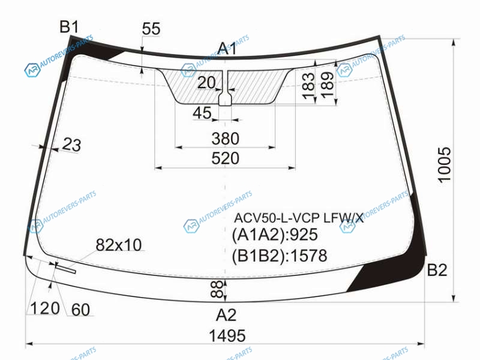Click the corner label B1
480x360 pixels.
coord(69,26)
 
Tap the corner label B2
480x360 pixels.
coord(437,270)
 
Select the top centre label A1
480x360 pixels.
coord(227,49)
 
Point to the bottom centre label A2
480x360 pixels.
coord(226,314)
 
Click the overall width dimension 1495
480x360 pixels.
coord(227,335)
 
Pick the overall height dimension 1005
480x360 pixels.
coord(445,165)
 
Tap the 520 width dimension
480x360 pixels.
coord(226,158)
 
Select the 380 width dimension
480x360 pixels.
coord(226,139)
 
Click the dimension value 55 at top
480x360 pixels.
coord(151,29)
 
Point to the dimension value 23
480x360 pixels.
coord(71,145)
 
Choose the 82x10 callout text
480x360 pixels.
coord(119,245)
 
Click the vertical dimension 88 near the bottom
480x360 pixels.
coord(217,289)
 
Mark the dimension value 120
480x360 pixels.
coord(46,308)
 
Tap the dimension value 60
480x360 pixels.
coord(80,310)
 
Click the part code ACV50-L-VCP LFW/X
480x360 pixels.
coord(299,218)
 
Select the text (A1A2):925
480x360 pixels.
coord(275,235)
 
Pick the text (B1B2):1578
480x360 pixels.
coord(279,256)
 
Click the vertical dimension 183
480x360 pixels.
coord(308,86)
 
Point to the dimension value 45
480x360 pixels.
coord(202,113)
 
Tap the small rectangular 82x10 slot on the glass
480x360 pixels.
coord(65,268)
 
